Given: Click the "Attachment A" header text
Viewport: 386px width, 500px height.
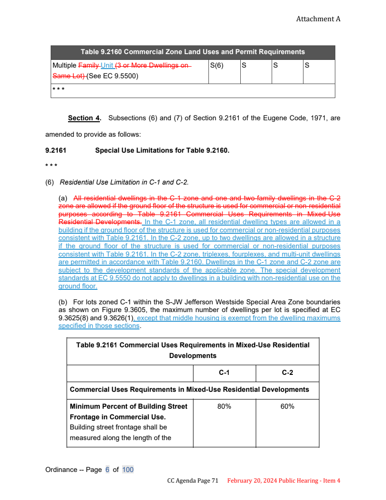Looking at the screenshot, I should point(318,19).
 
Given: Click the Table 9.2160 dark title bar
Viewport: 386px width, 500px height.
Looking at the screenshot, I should point(193,52).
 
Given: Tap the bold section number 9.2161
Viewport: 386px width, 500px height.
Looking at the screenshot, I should point(56,150).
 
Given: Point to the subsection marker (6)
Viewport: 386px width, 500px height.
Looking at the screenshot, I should point(50,182).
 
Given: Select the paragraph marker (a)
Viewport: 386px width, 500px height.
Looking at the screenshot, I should point(63,199).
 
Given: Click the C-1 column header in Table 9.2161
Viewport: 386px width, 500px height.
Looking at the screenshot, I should point(224,373).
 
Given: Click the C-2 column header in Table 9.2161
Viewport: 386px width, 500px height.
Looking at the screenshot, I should point(287,373).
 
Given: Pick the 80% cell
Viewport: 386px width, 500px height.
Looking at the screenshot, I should point(224,406).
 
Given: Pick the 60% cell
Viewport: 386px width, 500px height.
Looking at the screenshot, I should point(287,406).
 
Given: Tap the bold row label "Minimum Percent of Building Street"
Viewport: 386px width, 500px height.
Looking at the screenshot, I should point(128,406).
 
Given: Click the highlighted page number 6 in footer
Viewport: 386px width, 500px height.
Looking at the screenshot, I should point(108,470).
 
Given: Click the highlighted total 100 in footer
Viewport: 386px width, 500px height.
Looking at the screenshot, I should point(128,470).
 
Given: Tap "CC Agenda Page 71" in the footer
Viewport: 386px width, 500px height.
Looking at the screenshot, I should point(193,481).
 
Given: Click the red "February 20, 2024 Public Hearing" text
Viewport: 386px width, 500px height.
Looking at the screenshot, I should point(273,481).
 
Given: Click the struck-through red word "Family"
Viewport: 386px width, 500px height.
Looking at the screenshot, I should point(89,65).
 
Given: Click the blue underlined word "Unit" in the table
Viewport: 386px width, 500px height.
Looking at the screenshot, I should point(107,65).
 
